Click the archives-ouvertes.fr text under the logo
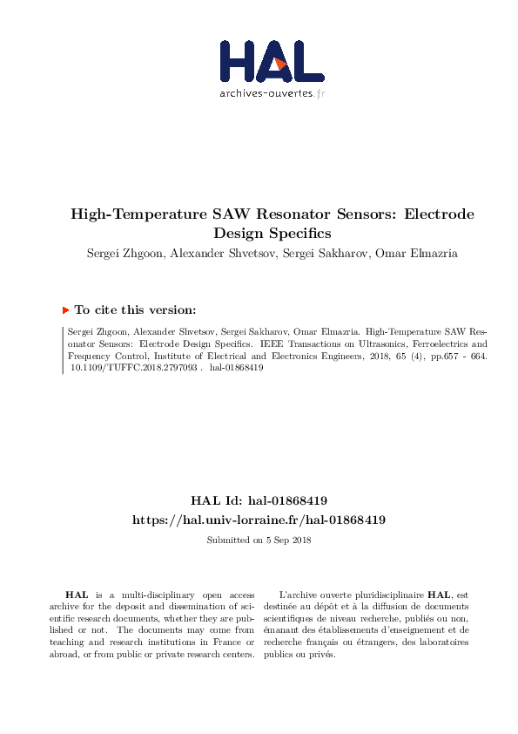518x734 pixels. (x=272, y=92)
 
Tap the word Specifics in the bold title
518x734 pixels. (x=296, y=234)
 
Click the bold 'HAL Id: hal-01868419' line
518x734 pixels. (x=259, y=501)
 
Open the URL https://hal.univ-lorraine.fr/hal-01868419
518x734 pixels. (x=259, y=520)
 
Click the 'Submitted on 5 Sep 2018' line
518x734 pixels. (x=259, y=540)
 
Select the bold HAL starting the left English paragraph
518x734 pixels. (x=77, y=594)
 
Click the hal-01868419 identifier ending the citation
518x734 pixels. (x=237, y=368)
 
